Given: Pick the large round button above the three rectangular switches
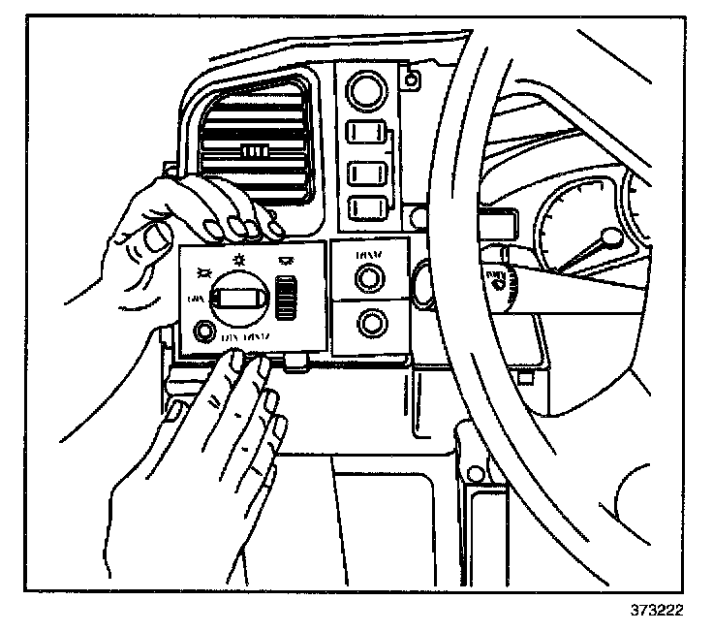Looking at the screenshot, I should click(x=366, y=92).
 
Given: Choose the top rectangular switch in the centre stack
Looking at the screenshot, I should click(x=366, y=132).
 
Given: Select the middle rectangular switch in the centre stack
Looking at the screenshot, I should click(x=366, y=174).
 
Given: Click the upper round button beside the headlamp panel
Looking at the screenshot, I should click(x=367, y=279).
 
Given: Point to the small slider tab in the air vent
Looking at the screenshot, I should click(x=254, y=152).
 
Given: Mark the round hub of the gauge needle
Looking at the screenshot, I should click(x=610, y=236).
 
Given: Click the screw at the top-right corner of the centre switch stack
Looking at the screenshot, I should click(x=414, y=78).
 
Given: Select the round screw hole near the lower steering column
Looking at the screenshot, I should click(x=474, y=473).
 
